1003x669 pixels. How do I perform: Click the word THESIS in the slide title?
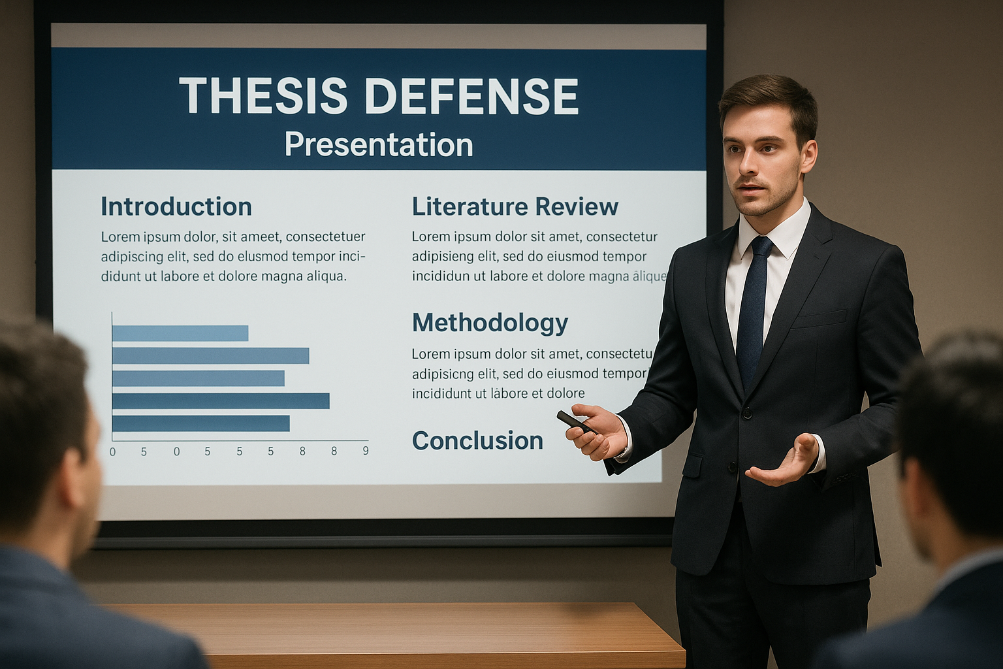coord(263,95)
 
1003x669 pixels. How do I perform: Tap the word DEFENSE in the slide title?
coord(472,95)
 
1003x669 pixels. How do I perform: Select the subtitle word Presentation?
coord(379,144)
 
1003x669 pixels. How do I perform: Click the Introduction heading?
coord(176,206)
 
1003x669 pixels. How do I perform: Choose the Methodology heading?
coord(490,323)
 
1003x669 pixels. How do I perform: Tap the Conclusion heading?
coord(477,440)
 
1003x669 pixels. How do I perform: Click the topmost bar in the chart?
coord(180,333)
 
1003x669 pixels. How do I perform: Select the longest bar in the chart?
coord(221,400)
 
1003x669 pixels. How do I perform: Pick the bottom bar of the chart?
coord(201,423)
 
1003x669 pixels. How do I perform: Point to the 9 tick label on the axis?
coord(366,451)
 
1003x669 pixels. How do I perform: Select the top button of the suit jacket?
coord(746,413)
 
